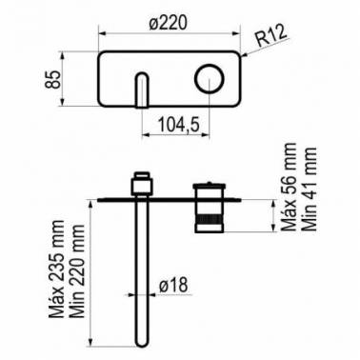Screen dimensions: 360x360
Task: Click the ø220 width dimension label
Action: [x=168, y=23]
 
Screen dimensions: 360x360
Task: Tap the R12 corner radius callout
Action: [x=270, y=36]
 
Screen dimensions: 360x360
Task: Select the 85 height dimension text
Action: [x=52, y=79]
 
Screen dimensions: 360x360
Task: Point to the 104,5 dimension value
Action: [x=178, y=124]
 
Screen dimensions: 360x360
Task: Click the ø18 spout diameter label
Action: [x=173, y=285]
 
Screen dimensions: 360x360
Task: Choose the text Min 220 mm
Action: [x=76, y=270]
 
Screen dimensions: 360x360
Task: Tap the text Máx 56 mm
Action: [x=289, y=187]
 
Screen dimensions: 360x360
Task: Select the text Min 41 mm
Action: [x=309, y=189]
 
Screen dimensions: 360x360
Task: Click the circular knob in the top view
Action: [x=210, y=79]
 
